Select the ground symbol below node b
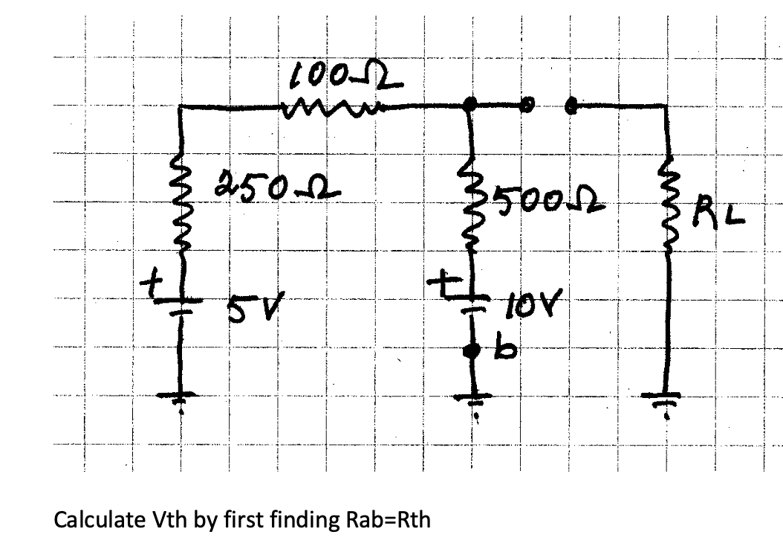click(471, 398)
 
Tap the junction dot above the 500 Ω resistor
click(470, 105)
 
